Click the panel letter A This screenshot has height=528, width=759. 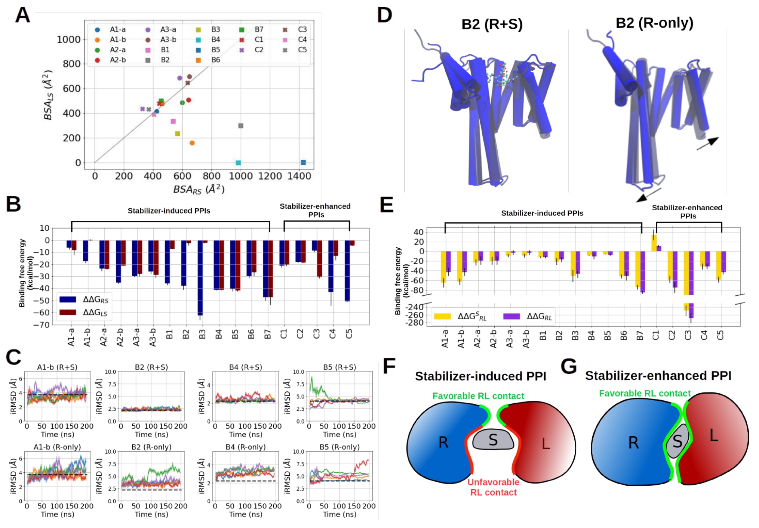(22, 16)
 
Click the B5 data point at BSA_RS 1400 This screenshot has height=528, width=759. (303, 162)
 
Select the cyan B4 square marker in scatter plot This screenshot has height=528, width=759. (238, 163)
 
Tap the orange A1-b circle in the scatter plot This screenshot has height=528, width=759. (192, 143)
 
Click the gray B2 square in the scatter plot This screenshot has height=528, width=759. (241, 126)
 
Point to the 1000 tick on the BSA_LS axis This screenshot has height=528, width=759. (68, 40)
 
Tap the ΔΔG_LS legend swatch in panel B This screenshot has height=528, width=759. (68, 312)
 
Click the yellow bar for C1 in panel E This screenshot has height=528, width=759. (654, 243)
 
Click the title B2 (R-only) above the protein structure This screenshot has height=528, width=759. (654, 23)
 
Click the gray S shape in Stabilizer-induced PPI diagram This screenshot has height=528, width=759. (493, 440)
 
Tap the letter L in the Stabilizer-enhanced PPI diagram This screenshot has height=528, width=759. (714, 435)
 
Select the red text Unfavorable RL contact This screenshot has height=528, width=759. (493, 487)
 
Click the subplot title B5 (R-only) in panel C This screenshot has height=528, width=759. (339, 447)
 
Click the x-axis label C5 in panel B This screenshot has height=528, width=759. (349, 334)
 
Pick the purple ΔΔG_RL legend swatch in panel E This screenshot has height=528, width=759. (511, 316)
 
